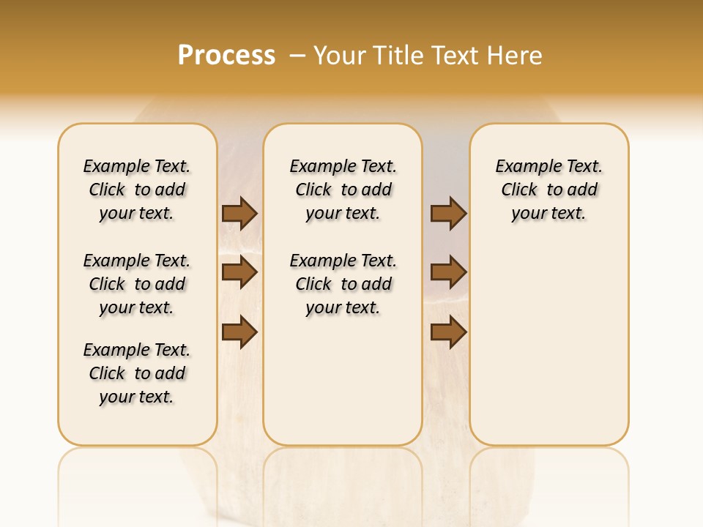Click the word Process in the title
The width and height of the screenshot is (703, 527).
(226, 55)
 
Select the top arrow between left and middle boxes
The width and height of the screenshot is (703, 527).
(239, 213)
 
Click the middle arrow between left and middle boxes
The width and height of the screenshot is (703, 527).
(239, 272)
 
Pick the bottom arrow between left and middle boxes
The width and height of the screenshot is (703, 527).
(239, 332)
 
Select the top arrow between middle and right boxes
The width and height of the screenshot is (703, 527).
(448, 213)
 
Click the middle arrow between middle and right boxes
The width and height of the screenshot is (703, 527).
(448, 272)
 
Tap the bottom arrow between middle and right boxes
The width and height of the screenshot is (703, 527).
(448, 332)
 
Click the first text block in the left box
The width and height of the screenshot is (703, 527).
(137, 190)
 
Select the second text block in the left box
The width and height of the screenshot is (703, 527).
(137, 284)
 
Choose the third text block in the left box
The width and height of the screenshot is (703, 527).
(137, 373)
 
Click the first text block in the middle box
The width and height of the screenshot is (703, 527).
(343, 190)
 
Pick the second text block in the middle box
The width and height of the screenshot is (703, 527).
(343, 284)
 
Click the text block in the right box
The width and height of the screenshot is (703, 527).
(548, 190)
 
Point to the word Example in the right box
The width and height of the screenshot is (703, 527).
(523, 167)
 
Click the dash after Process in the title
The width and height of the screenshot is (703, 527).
(297, 55)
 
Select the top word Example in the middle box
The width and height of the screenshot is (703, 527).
(317, 167)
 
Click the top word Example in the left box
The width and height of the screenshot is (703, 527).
(111, 167)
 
